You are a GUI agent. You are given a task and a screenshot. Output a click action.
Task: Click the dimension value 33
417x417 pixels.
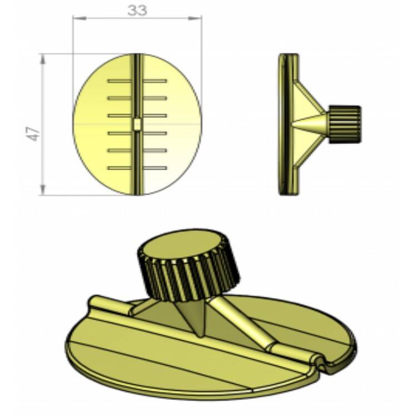[x=137, y=11]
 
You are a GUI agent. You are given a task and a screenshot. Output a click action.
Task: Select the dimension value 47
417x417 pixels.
[x=34, y=133]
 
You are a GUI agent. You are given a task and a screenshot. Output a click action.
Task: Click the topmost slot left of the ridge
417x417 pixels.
[x=120, y=81]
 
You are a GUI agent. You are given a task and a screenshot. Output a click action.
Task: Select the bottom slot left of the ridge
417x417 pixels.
[x=120, y=168]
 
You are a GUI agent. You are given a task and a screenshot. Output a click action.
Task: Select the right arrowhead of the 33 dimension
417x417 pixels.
[x=198, y=18]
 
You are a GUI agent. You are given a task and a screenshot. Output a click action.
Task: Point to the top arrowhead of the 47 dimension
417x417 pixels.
[x=42, y=58]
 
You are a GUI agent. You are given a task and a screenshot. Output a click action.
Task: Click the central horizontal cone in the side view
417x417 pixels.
[x=311, y=123]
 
